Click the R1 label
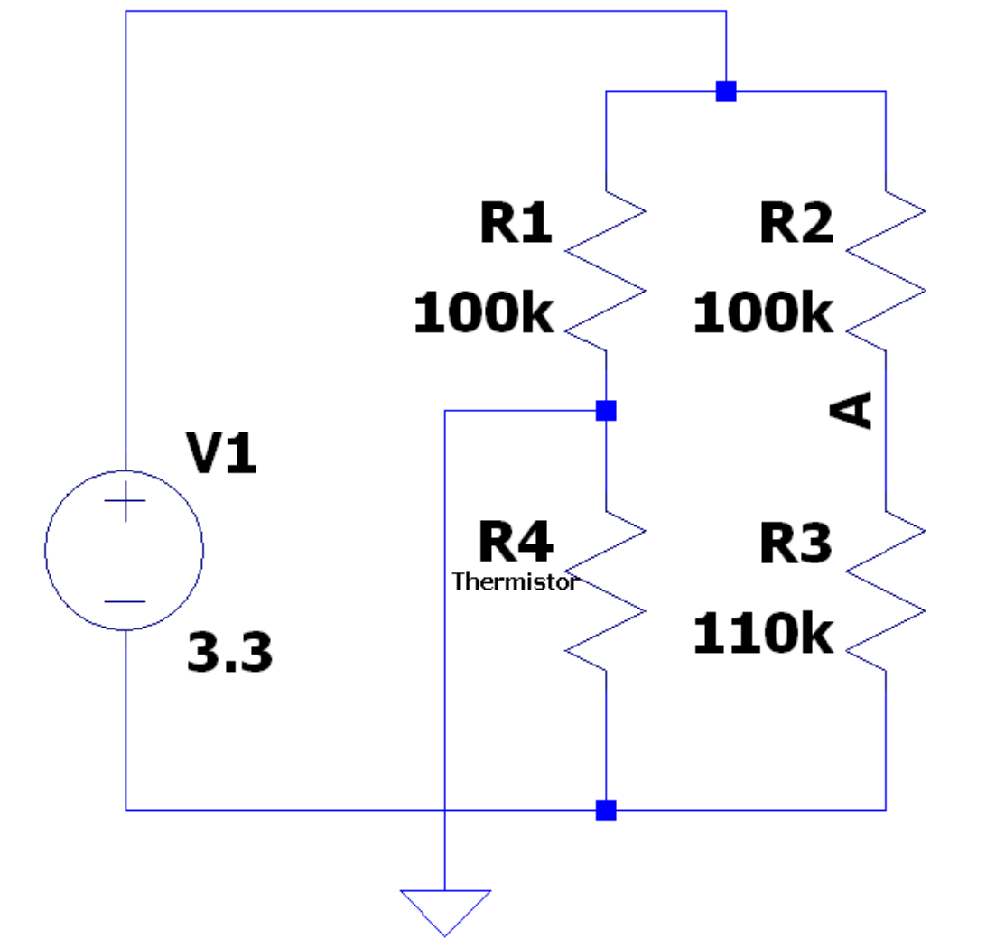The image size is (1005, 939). click(x=516, y=222)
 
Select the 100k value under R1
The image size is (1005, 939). click(x=483, y=312)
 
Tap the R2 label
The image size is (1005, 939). click(x=796, y=222)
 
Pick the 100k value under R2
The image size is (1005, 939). click(x=763, y=312)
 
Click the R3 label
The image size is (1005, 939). click(x=796, y=544)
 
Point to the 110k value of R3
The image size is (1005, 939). click(x=763, y=633)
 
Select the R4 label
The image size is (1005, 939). click(x=516, y=542)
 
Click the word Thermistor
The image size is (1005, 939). click(x=516, y=582)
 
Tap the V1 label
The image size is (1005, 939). click(x=221, y=452)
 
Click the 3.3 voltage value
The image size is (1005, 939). click(x=229, y=653)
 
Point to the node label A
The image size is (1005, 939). click(x=851, y=410)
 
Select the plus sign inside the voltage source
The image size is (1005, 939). click(x=125, y=501)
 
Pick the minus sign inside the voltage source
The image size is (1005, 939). click(x=125, y=601)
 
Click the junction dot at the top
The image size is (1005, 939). click(x=726, y=92)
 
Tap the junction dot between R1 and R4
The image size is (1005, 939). click(x=606, y=411)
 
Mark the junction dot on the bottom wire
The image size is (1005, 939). click(x=606, y=810)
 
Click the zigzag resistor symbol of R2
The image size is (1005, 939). click(x=886, y=271)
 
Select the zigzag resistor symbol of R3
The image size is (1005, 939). click(x=886, y=591)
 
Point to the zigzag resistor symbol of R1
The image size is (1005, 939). click(x=606, y=271)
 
